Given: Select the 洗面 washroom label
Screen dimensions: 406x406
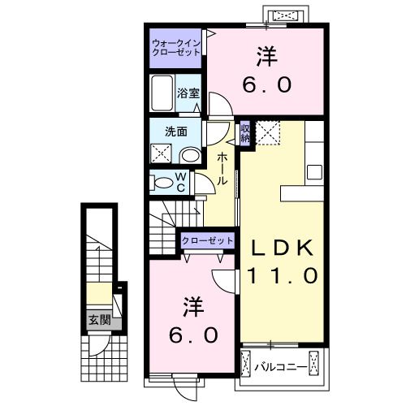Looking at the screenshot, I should (x=177, y=131).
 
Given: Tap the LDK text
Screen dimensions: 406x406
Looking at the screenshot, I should (x=280, y=246).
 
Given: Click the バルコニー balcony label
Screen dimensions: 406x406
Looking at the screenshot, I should (x=280, y=367).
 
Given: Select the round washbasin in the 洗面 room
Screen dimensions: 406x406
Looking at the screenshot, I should (x=190, y=153).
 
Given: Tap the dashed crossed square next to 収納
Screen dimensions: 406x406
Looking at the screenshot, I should (x=267, y=132).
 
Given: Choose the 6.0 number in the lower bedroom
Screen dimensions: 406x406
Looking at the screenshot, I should (x=192, y=334).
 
